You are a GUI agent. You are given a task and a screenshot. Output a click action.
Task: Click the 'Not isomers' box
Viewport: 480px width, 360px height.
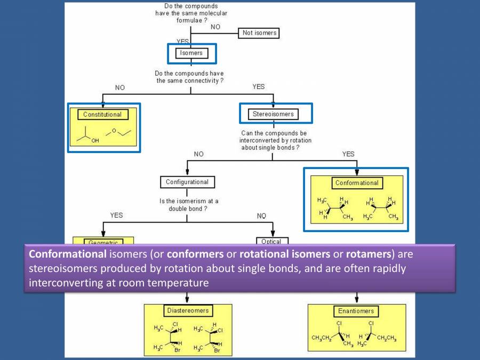tap(260, 33)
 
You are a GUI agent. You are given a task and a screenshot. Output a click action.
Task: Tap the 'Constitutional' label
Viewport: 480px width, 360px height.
tap(102, 114)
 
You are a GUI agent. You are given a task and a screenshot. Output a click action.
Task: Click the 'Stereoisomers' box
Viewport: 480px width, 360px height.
tap(273, 114)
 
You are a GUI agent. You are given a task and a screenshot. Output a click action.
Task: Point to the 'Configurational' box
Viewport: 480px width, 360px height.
tap(187, 182)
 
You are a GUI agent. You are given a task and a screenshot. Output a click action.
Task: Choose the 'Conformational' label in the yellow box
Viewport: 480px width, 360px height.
tap(356, 183)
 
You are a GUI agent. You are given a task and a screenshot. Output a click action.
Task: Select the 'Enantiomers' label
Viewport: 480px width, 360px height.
tap(356, 310)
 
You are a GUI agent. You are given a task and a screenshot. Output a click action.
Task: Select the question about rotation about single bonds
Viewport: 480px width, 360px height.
tap(273, 140)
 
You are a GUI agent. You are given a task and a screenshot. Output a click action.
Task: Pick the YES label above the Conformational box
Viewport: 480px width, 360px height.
tap(348, 154)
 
